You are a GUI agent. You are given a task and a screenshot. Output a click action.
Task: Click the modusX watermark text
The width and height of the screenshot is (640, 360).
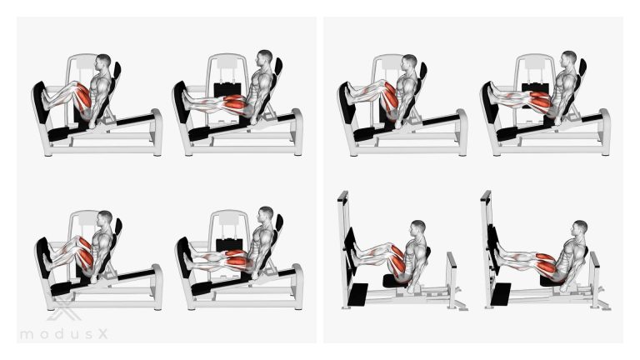pos(63,334)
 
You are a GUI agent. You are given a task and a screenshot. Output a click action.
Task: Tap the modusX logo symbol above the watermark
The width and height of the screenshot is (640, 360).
pos(63,309)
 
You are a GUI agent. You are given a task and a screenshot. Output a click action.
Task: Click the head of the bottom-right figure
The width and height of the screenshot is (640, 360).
pos(580,228)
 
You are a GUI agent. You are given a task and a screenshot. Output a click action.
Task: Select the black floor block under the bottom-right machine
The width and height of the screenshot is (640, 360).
pos(501,294)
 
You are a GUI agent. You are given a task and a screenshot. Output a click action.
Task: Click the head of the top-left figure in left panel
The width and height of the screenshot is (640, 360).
pos(103,61)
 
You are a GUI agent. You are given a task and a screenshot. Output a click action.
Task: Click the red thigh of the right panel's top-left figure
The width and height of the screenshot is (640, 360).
pos(390,98)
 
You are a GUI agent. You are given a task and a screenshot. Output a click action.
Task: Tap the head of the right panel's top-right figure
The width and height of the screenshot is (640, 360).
pos(568,59)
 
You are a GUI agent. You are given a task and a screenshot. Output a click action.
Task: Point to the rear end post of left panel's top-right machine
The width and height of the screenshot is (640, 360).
pos(297,132)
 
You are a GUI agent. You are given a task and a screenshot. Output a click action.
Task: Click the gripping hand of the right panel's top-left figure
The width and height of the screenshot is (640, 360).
pos(397,124)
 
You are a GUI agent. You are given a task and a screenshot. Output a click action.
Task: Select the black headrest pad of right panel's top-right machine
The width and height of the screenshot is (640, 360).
pos(582,67)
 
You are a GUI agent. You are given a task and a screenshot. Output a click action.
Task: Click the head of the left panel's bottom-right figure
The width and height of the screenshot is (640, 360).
pos(266,214)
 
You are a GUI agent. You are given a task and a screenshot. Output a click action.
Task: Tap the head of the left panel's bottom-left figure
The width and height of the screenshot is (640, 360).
pos(105,218)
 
